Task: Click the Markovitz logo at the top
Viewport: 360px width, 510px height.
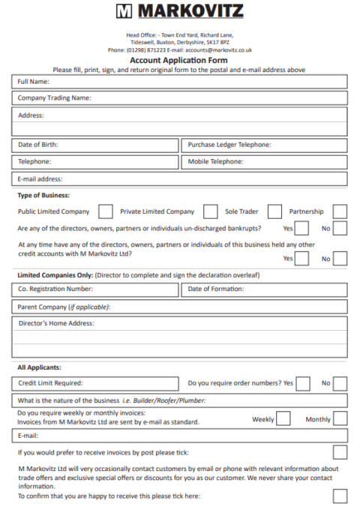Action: [x=179, y=11]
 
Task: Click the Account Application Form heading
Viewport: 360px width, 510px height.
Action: [x=179, y=60]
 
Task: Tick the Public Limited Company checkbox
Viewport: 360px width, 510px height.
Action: [x=106, y=211]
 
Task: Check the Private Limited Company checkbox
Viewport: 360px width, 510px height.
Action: [x=211, y=211]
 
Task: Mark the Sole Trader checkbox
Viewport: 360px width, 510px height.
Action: [x=274, y=211]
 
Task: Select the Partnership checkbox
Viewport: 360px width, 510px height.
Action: [x=340, y=211]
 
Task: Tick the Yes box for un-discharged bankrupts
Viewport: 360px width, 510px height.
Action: [x=301, y=229]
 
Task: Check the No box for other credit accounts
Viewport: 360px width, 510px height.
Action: [x=340, y=259]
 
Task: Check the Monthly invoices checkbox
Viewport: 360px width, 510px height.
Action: [x=340, y=418]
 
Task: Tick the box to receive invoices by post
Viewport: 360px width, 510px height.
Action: [x=340, y=452]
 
